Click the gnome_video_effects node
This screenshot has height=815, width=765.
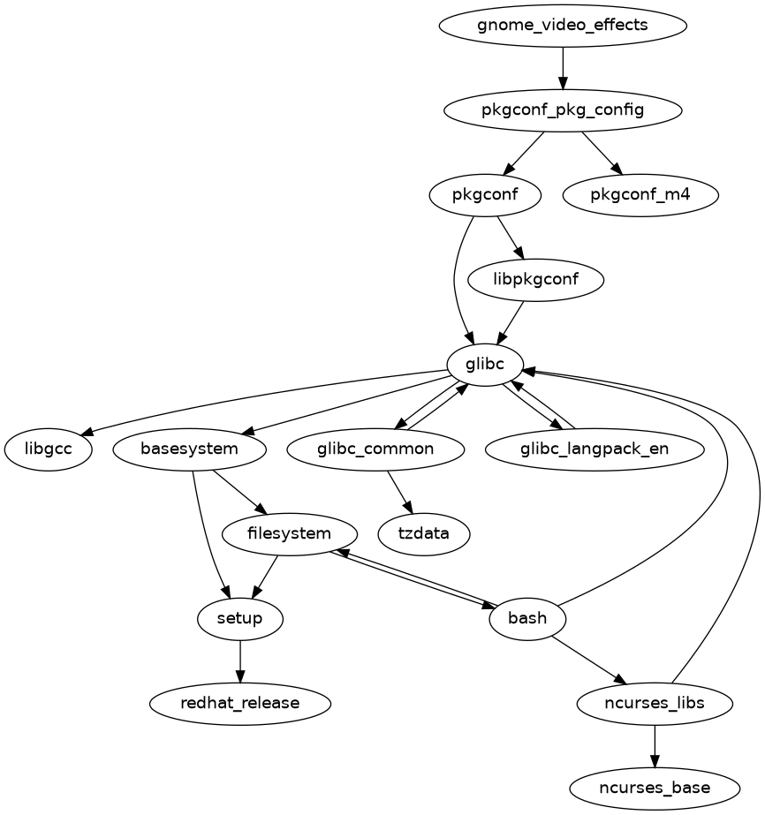[x=563, y=25]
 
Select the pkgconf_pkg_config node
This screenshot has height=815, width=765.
[x=563, y=110]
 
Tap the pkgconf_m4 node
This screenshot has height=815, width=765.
[x=640, y=195]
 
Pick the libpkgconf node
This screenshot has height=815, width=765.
[x=536, y=280]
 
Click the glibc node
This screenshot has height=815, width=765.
[x=485, y=364]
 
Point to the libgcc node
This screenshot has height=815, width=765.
[x=49, y=449]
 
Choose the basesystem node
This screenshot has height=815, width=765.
[x=190, y=449]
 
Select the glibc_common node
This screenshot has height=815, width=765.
[x=375, y=449]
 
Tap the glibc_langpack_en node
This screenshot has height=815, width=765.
[x=595, y=449]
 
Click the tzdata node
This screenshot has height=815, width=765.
[x=424, y=534]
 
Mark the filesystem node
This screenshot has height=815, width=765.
[x=290, y=534]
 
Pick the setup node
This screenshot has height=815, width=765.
[x=240, y=618]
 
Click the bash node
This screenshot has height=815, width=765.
[x=527, y=618]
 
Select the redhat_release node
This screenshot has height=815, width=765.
[x=240, y=704]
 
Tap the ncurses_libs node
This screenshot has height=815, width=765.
[x=655, y=704]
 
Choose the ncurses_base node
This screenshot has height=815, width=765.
[x=655, y=788]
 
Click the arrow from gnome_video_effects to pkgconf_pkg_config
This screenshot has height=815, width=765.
[x=563, y=67]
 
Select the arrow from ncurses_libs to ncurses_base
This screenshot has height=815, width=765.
[x=655, y=746]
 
